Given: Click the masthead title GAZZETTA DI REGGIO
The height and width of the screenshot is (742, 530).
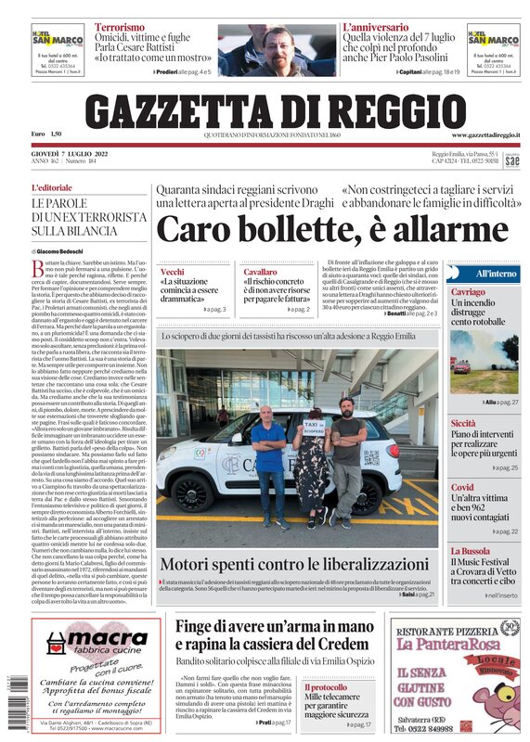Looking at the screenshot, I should [265, 111].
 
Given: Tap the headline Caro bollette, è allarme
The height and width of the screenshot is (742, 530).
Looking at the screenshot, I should [318, 228].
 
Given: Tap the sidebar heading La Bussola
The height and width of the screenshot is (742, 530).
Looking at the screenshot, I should [471, 550].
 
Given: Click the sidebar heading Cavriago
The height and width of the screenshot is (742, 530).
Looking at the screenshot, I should [468, 292].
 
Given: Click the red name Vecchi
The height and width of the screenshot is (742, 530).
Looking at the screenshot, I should [173, 272].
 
